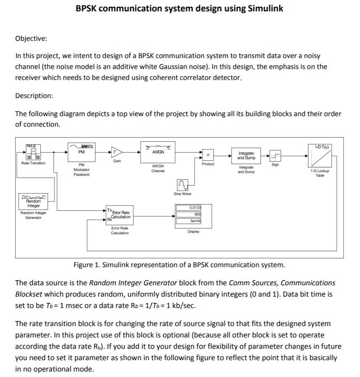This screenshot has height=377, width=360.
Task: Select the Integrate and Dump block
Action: point(246,155)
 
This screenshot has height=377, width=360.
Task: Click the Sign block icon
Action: point(275,155)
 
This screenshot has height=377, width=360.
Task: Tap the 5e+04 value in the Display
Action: point(196,221)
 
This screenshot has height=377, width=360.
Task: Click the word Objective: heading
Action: point(31,39)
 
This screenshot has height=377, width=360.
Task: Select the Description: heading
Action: point(34,96)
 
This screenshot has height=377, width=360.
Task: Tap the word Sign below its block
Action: point(275,165)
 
